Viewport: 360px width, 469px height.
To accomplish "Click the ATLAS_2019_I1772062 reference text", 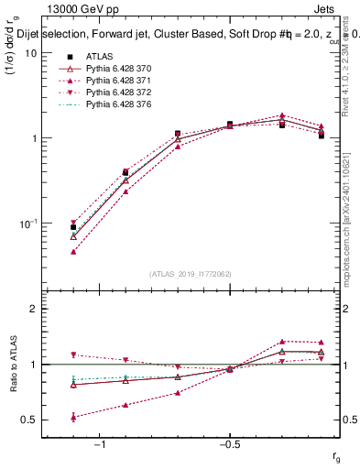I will tap(191, 274).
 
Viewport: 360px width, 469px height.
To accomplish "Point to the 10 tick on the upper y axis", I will tap(30, 53).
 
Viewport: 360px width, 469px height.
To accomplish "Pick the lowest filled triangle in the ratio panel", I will tap(73, 417).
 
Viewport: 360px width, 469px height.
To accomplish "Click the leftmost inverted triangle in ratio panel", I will tap(73, 354).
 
